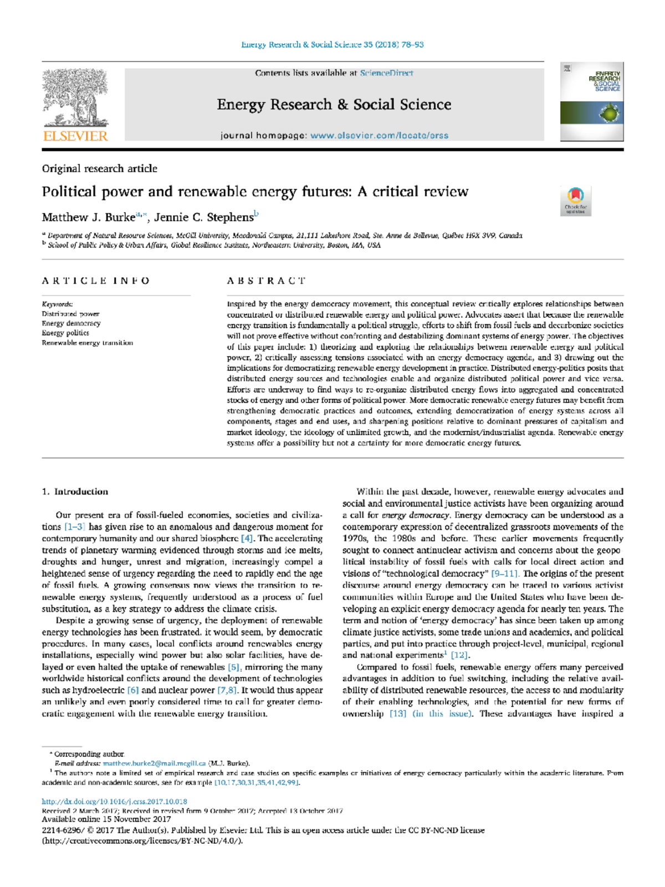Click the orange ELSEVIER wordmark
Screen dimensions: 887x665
[x=75, y=136]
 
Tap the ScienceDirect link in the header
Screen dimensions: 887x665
[x=386, y=73]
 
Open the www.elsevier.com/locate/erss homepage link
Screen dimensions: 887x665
[x=379, y=136]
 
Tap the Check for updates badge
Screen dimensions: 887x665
[x=576, y=200]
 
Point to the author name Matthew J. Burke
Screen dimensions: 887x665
[x=88, y=217]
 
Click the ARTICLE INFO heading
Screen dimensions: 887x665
[x=96, y=281]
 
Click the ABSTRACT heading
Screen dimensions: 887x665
[x=266, y=281]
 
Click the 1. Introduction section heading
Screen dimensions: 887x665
[x=75, y=492]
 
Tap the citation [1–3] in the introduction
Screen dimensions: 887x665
[x=75, y=527]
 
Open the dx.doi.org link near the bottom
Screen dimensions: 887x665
[x=114, y=801]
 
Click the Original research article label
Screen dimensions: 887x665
[x=99, y=169]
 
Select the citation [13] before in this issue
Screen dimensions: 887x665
[x=398, y=714]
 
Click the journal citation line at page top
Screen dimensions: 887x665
[x=332, y=44]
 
